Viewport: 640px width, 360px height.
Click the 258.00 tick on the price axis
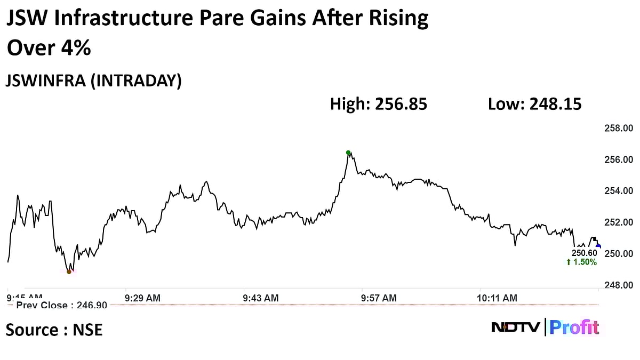[618, 128]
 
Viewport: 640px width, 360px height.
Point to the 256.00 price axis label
[618, 159]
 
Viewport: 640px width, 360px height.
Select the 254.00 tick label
[618, 191]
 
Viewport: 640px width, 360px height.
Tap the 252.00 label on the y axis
[618, 222]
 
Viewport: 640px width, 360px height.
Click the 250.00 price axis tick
[618, 254]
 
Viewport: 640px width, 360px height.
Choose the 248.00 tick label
[618, 285]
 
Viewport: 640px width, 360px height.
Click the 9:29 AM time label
[142, 298]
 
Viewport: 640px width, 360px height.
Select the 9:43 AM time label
[260, 298]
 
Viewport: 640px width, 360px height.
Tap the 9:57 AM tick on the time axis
[379, 298]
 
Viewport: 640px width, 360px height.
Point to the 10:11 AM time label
[497, 298]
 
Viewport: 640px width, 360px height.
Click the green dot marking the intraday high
[348, 153]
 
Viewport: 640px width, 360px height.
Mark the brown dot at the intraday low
[69, 271]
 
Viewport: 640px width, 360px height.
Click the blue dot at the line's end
[598, 246]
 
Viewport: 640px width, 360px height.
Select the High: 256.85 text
[378, 104]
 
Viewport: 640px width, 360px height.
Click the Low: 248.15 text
[534, 104]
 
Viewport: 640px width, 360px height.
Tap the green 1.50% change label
[581, 262]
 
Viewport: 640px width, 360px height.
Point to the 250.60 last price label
[584, 253]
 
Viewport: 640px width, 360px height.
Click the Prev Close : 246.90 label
[62, 305]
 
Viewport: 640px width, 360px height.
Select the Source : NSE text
[54, 330]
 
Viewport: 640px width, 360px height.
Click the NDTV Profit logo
[545, 327]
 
